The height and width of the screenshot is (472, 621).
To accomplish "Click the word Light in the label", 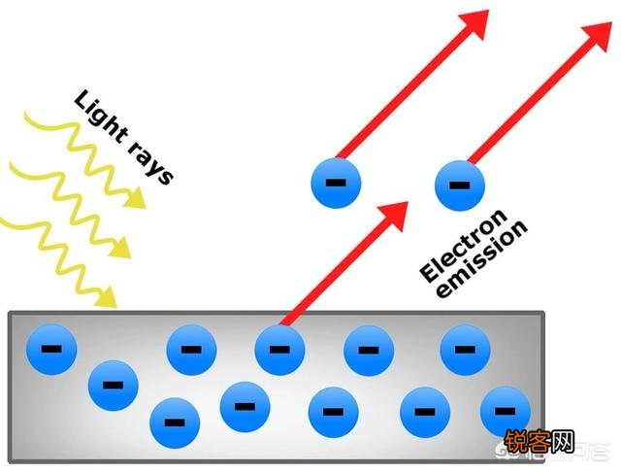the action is click(x=101, y=117).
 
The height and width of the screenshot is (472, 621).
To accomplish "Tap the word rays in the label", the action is click(x=151, y=163).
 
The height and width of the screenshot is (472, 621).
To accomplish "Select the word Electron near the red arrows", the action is click(x=464, y=246).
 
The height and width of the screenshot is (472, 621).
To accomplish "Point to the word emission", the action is click(x=481, y=258).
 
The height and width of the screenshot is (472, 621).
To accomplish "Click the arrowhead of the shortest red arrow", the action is click(x=393, y=216).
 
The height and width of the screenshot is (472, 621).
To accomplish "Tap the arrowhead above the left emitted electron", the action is click(x=474, y=25).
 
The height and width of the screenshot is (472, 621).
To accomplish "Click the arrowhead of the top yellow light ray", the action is click(x=135, y=197).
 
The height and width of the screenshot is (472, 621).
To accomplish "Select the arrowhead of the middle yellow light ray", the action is click(x=119, y=248).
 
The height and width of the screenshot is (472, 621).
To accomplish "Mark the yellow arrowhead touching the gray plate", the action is click(x=106, y=296).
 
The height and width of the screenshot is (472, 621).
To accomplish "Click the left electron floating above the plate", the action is click(x=336, y=183).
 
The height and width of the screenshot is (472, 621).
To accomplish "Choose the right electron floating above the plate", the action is click(x=460, y=185).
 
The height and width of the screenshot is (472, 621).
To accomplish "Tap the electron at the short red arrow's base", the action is click(x=279, y=350).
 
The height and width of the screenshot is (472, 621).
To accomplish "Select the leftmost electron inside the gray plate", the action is click(x=51, y=350).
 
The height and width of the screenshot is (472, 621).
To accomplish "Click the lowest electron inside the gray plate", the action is click(x=175, y=423).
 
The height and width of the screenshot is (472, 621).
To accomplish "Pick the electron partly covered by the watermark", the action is click(x=505, y=412).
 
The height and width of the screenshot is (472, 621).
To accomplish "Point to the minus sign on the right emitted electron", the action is click(x=460, y=185).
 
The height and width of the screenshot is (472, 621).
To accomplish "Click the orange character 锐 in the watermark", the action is click(x=515, y=441).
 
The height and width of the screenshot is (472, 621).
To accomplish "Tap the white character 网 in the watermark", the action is click(x=563, y=441).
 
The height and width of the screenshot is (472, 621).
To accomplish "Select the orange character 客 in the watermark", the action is click(x=539, y=441).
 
